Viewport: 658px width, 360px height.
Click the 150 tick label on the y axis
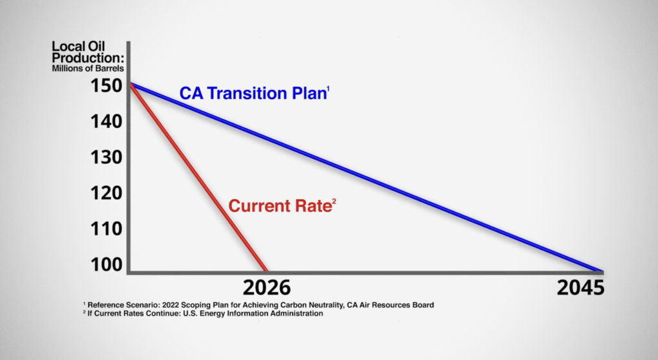[x=107, y=85]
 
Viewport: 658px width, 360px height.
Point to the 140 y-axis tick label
[x=107, y=122]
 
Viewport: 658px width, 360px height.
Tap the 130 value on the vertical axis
[x=107, y=157]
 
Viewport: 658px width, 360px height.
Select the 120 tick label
[x=107, y=193]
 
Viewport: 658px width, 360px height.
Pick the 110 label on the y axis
[x=107, y=229]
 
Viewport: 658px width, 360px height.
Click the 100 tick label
[x=107, y=264]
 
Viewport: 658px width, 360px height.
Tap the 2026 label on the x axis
[x=267, y=288]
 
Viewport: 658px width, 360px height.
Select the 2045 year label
[x=580, y=288]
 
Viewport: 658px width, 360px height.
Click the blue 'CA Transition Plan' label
[x=253, y=93]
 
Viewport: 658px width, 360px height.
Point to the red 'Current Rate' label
[x=280, y=206]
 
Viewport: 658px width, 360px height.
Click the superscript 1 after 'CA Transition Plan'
[x=328, y=89]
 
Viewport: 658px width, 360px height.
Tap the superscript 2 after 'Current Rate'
[x=334, y=202]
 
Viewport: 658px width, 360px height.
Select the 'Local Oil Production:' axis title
[x=87, y=52]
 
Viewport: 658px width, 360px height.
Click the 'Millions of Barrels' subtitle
[x=87, y=68]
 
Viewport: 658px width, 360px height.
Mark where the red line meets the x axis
[x=265, y=271]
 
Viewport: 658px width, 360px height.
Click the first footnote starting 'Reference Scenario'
[x=258, y=305]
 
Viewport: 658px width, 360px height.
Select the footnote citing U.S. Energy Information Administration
[x=203, y=314]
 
